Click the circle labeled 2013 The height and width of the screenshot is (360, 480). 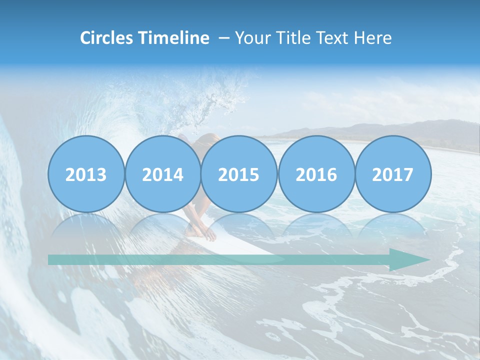[x=86, y=174]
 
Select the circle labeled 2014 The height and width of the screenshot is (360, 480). [x=163, y=174]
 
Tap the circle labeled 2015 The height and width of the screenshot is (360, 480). [x=239, y=174]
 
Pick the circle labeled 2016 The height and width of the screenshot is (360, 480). [x=316, y=174]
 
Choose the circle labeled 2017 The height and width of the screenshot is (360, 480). [x=393, y=174]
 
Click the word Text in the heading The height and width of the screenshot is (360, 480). [x=332, y=38]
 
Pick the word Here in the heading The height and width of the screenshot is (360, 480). [x=372, y=38]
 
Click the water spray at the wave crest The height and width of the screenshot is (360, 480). [x=210, y=95]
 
